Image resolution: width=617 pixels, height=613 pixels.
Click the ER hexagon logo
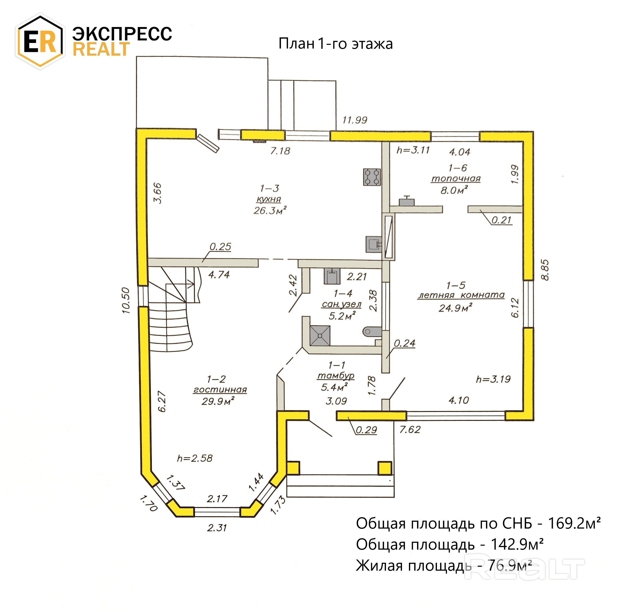point(40,42)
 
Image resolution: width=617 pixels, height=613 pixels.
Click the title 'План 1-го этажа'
point(335,44)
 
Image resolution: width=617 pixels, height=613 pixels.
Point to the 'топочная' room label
point(456,179)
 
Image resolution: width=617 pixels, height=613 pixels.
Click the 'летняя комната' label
point(461,295)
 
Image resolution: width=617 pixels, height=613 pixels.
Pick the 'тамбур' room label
point(336,376)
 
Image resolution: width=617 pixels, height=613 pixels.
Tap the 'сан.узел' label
point(341,304)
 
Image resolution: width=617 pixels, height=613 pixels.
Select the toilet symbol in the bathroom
point(372,331)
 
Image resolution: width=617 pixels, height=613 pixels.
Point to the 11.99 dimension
point(355,120)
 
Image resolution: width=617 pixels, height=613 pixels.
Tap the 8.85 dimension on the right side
point(545,270)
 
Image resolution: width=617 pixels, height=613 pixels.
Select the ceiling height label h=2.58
point(195,459)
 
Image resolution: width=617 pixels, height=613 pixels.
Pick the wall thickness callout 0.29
point(366,430)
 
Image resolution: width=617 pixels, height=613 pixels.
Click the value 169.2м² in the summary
point(574,524)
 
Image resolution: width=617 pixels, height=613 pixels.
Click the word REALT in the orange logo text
point(102,50)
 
